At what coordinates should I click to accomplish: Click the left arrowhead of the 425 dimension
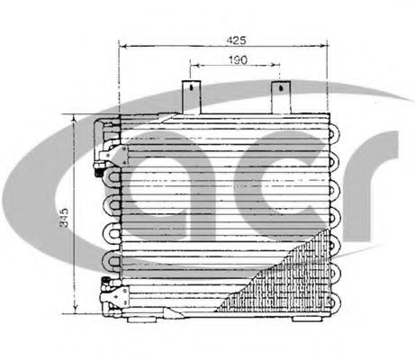point(124,48)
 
